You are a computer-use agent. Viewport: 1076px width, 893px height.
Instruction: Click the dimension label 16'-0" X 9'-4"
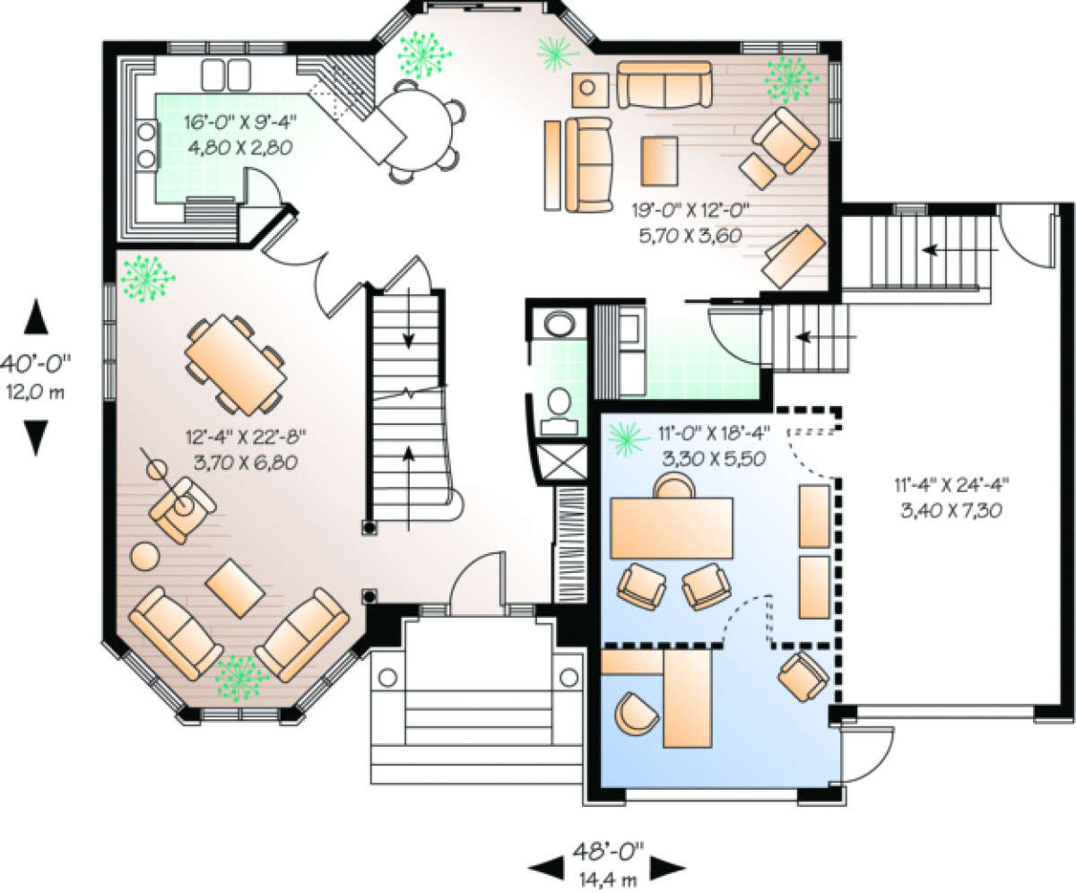(240, 122)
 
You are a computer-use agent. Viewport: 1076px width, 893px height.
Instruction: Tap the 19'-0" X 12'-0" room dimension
(690, 210)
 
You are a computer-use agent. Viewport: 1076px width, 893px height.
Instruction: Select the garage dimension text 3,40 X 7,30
(951, 511)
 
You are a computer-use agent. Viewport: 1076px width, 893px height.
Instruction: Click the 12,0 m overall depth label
(36, 393)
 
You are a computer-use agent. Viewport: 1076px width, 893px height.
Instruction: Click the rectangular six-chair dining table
(236, 364)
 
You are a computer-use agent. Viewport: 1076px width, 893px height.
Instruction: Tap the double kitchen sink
(226, 75)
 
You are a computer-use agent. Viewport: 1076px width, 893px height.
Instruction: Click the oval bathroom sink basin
(560, 325)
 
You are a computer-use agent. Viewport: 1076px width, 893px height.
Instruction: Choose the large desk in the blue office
(672, 528)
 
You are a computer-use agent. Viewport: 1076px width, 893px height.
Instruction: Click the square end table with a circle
(589, 89)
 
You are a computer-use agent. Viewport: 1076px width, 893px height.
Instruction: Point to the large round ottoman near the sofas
(144, 556)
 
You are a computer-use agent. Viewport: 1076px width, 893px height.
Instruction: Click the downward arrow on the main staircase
(409, 318)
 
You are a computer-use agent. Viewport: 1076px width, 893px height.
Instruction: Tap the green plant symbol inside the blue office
(629, 439)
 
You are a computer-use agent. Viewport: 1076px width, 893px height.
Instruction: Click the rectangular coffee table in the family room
(659, 160)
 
